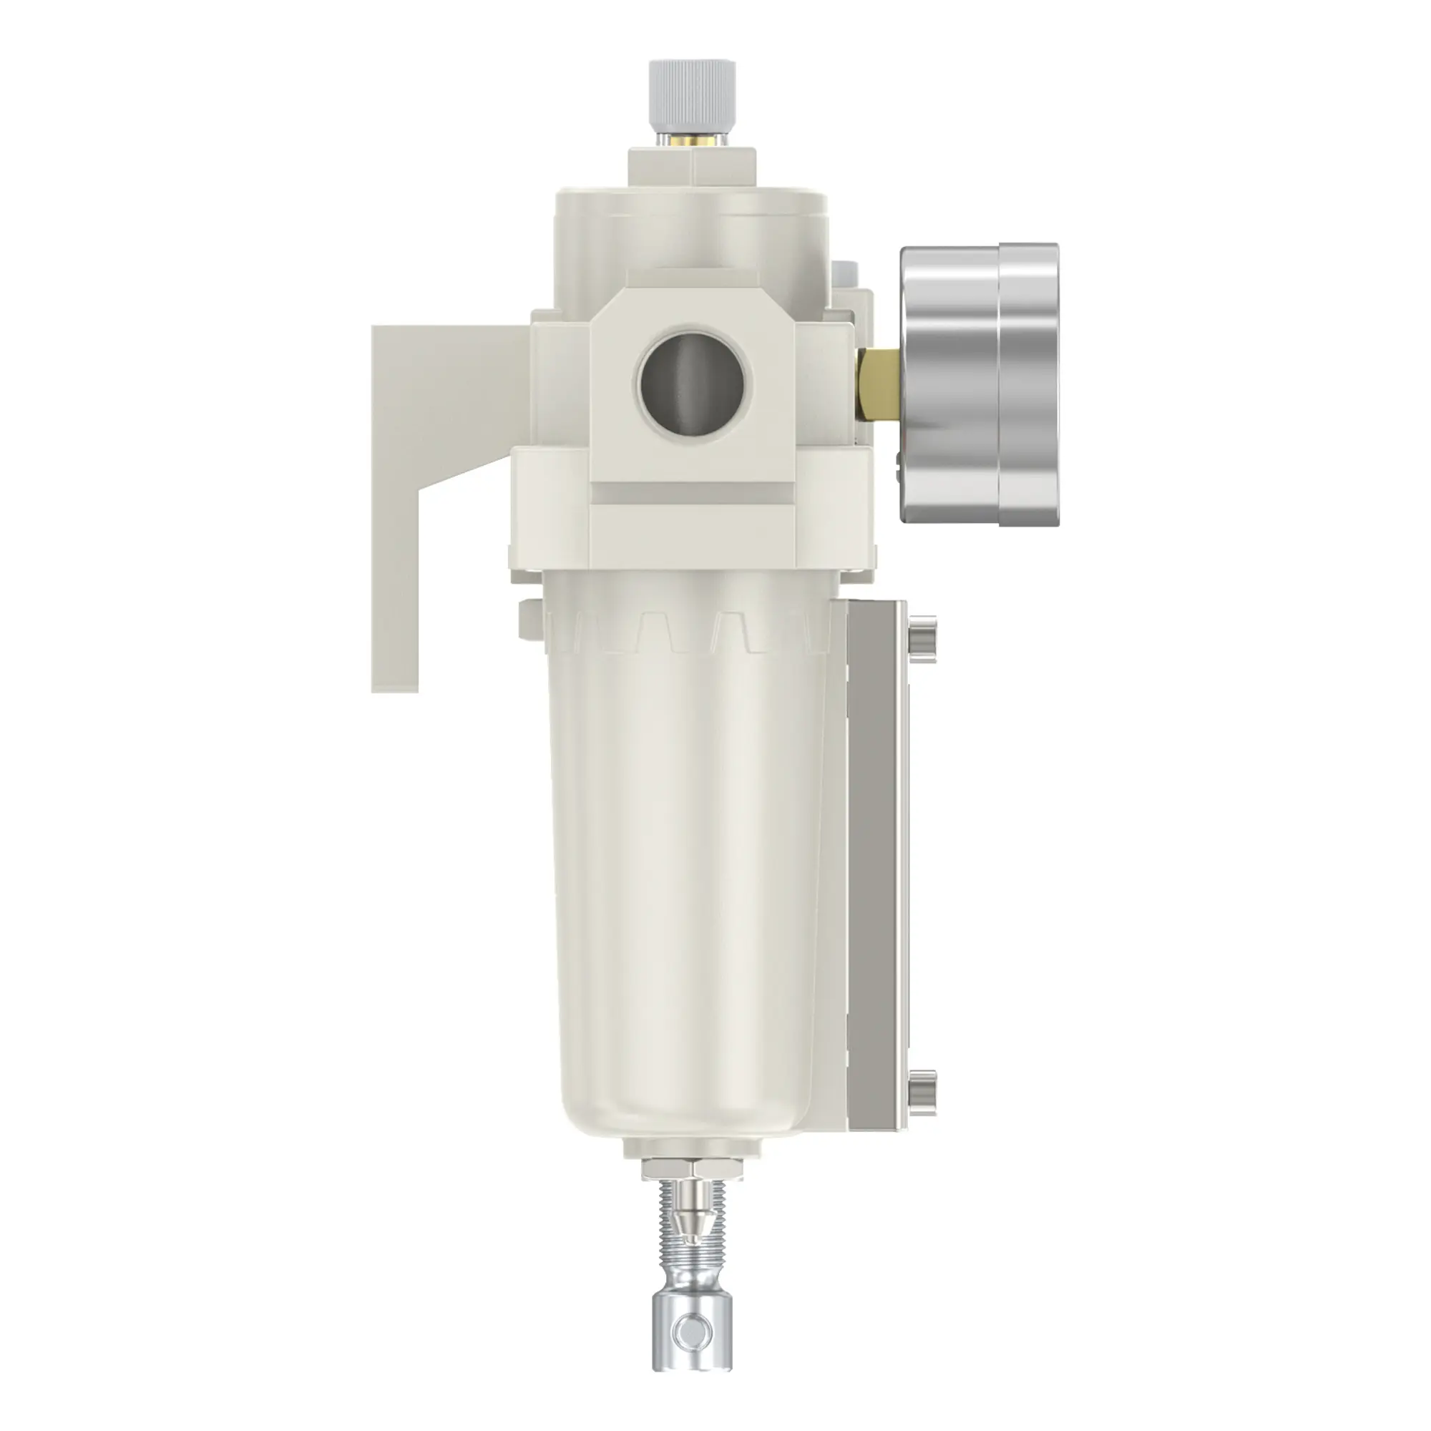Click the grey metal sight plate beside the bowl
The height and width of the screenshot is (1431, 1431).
coord(876,874)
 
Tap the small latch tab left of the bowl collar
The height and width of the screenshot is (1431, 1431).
coord(529,618)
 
